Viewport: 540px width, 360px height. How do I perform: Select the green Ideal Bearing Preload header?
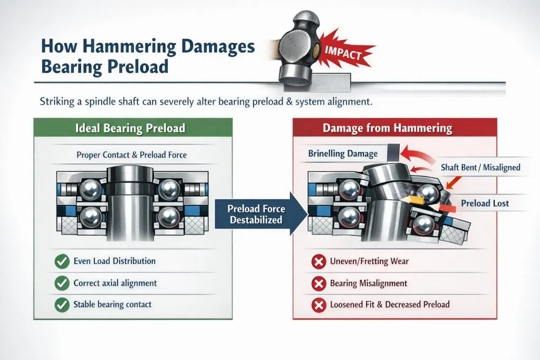133,128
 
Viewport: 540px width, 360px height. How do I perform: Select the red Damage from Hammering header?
394,128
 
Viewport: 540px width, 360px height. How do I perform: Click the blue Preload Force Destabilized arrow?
261,213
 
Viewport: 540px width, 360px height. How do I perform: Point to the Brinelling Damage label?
343,153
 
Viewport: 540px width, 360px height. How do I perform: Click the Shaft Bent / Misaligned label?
480,168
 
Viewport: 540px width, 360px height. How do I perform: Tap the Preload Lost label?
485,203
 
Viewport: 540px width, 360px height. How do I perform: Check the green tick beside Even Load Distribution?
62,261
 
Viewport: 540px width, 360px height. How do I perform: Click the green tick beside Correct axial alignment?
62,283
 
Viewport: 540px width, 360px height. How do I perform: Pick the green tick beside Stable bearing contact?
62,305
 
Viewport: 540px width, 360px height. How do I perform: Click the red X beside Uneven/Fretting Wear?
319,261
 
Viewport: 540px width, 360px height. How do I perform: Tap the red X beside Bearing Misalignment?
319,284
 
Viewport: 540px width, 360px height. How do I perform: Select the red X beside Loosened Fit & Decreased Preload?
319,305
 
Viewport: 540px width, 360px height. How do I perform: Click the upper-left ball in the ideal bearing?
91,190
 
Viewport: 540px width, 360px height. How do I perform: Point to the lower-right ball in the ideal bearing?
169,217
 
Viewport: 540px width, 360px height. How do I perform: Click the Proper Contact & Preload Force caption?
131,155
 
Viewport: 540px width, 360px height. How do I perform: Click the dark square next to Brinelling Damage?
393,152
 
